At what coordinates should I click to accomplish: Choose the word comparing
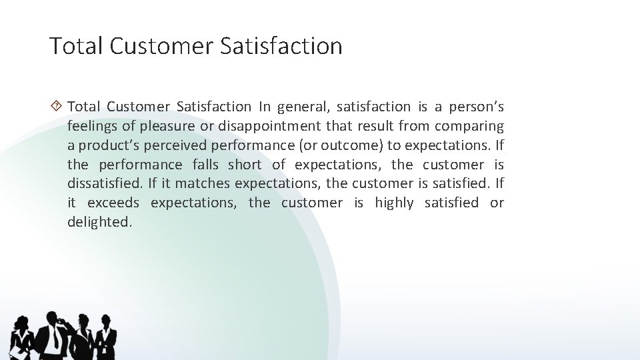point(469,126)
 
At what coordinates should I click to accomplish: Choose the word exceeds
point(112,203)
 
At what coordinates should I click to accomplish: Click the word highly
point(394,203)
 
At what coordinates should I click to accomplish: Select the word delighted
point(99,222)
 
